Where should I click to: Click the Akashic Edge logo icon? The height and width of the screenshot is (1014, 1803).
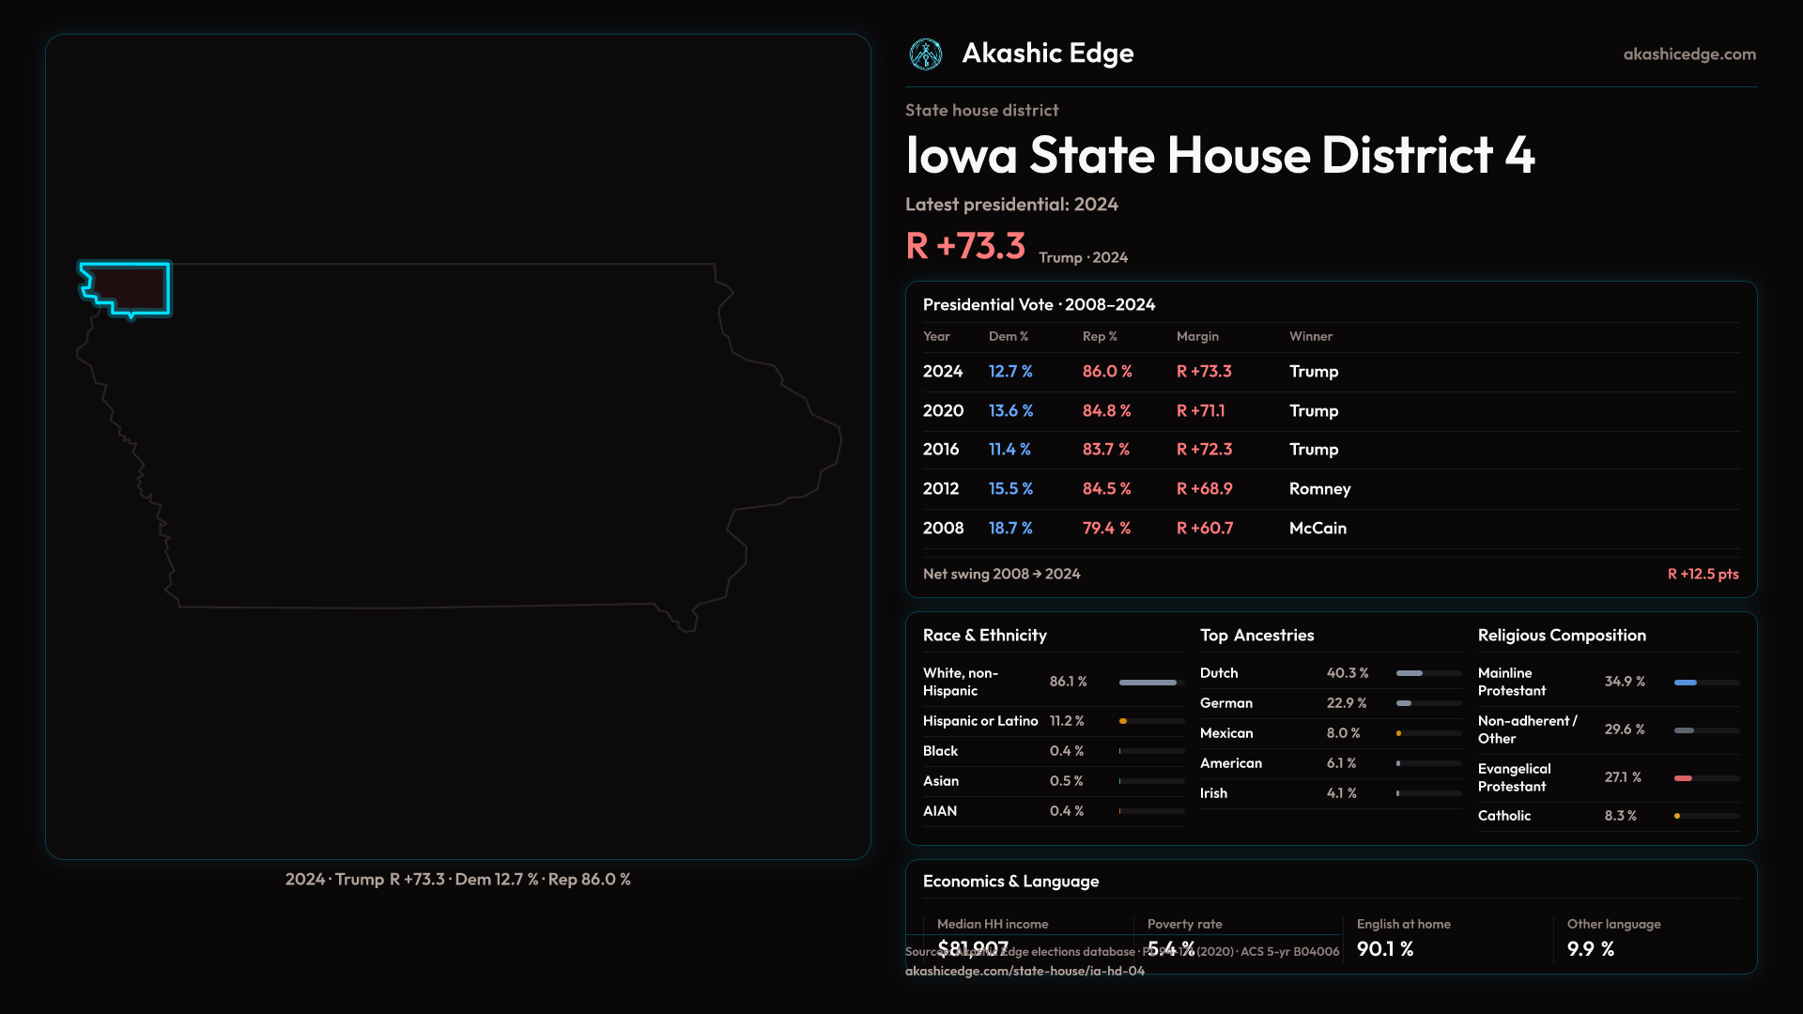point(926,54)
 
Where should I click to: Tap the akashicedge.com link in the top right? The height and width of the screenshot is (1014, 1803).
point(1689,54)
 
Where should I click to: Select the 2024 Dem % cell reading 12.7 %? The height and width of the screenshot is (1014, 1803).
point(1010,372)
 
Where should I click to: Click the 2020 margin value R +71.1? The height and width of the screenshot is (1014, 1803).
point(1201,411)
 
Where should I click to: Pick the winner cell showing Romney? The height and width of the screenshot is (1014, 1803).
point(1319,489)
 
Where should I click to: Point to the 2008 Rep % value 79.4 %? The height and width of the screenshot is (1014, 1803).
point(1106,529)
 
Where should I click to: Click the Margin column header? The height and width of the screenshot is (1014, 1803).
point(1197,336)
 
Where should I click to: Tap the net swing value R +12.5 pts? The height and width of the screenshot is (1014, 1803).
point(1703,574)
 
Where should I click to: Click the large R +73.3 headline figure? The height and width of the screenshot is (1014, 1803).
point(965,246)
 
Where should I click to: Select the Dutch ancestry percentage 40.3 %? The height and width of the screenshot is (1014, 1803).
point(1348,673)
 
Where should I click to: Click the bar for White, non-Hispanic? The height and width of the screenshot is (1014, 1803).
point(1148,683)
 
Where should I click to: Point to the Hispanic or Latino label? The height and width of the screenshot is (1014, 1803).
point(980,721)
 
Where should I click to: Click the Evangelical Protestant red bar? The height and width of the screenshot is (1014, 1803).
point(1683,778)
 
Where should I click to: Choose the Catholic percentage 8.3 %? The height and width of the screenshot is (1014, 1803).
point(1620,816)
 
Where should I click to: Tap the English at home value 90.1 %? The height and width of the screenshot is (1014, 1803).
point(1385,949)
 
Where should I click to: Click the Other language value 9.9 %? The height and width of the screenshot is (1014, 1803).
point(1591,949)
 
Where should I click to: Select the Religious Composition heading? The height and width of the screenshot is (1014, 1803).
point(1562,636)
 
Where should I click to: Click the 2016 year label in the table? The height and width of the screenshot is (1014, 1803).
point(941,450)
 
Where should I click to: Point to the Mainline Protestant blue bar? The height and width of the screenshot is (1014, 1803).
point(1686,683)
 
